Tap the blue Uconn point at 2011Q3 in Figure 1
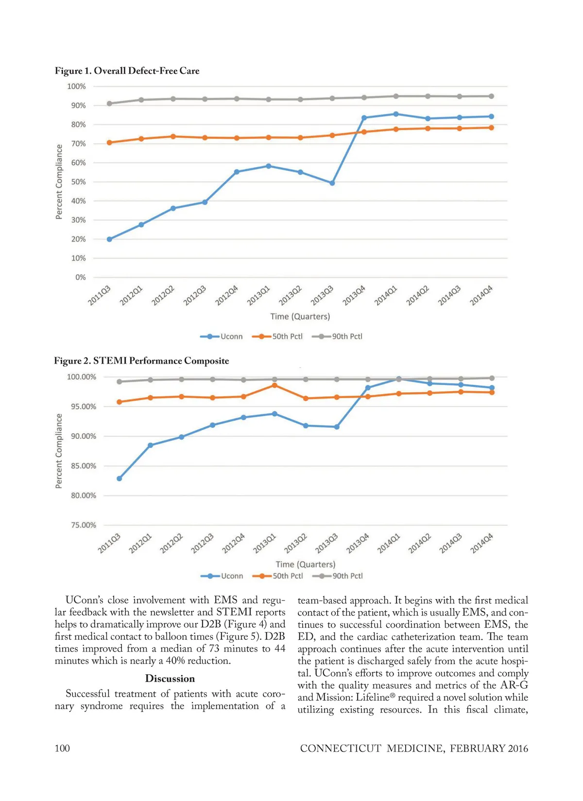pos(109,239)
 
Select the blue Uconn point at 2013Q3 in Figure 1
pos(332,183)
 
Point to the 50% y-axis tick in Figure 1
pos(78,182)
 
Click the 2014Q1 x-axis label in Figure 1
pos(386,296)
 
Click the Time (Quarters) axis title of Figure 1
pos(300,317)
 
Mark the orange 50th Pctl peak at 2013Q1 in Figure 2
pos(274,385)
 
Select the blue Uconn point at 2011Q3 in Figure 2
pos(120,479)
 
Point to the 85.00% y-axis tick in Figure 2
pos(84,466)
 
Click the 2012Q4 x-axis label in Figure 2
pos(234,544)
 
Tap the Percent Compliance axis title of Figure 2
pos(59,451)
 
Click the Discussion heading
pos(170,679)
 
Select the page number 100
pos(62,748)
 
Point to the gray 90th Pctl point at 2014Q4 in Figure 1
pos(491,96)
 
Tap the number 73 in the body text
pos(214,649)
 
